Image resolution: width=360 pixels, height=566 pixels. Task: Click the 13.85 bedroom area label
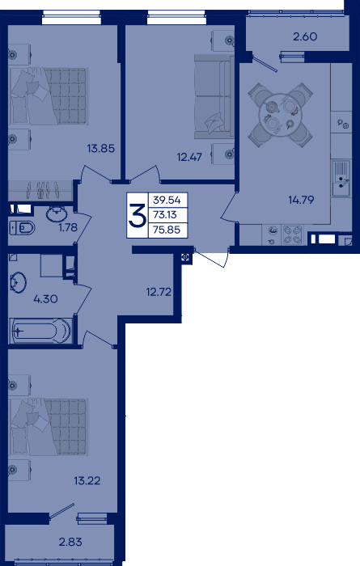pyautogui.click(x=101, y=148)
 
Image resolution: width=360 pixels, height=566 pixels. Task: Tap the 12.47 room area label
pyautogui.click(x=189, y=157)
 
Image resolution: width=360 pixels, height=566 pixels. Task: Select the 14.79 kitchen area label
pyautogui.click(x=301, y=200)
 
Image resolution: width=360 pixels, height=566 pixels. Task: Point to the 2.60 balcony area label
pyautogui.click(x=305, y=36)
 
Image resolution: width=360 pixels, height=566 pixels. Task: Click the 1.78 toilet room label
pyautogui.click(x=68, y=227)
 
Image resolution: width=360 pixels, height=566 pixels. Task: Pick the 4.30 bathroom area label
pyautogui.click(x=45, y=299)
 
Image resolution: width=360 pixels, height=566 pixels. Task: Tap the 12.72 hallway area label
pyautogui.click(x=159, y=292)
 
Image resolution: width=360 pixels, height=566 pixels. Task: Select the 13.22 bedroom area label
pyautogui.click(x=87, y=481)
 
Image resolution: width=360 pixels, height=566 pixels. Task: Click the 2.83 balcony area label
pyautogui.click(x=70, y=542)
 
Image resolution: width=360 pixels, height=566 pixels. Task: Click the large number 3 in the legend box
pyautogui.click(x=138, y=216)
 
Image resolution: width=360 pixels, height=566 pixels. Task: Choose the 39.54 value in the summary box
pyautogui.click(x=167, y=200)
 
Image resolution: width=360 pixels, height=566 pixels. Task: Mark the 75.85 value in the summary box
pyautogui.click(x=167, y=230)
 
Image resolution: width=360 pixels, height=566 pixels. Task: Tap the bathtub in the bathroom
pyautogui.click(x=40, y=331)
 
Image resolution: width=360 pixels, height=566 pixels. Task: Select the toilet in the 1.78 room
pyautogui.click(x=22, y=228)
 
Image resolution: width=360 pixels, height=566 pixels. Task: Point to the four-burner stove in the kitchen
pyautogui.click(x=292, y=234)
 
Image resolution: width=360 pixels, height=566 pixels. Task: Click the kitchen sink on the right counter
pyautogui.click(x=341, y=179)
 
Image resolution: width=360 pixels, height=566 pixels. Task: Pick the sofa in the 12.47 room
pyautogui.click(x=213, y=96)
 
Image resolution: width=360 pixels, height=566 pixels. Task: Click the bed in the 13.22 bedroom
pyautogui.click(x=49, y=427)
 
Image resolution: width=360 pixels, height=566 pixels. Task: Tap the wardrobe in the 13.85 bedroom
pyautogui.click(x=40, y=190)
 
